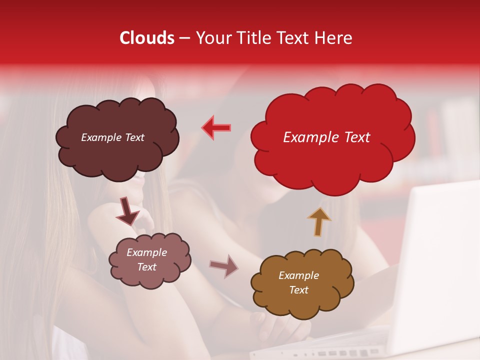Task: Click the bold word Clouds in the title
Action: point(147,38)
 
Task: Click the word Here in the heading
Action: point(334,38)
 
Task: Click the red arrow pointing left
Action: point(216,127)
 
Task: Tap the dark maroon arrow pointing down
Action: point(127,211)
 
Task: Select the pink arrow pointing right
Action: point(224,266)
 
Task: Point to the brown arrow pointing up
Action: point(319,221)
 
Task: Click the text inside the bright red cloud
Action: point(326,137)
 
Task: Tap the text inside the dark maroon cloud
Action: point(112,137)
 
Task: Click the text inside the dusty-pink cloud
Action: point(147,260)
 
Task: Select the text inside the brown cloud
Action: point(298,282)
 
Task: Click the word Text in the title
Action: point(297,38)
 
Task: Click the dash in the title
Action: point(184,38)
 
